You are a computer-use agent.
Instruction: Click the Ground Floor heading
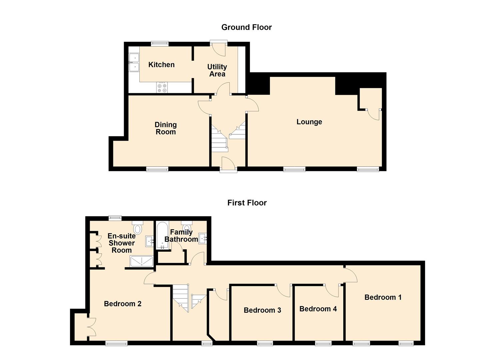coord(246,27)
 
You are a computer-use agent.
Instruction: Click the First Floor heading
coord(247,203)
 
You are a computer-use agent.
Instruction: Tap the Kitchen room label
coord(161,65)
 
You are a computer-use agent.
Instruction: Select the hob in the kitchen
coord(162,88)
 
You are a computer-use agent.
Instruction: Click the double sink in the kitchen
coord(134,63)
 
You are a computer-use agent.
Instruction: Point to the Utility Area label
coord(217,70)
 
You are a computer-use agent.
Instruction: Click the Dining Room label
coord(166,128)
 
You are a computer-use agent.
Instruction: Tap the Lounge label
coord(309,122)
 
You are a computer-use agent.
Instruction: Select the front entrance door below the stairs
coord(228,164)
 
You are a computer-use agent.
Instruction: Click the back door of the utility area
coord(219,49)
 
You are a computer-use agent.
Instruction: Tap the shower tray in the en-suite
coord(141,261)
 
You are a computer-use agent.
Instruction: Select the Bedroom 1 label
coord(383,297)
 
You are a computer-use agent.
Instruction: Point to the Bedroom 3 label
coord(262,310)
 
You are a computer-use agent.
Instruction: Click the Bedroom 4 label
coord(318,309)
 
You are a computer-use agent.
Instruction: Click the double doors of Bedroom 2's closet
coord(91,327)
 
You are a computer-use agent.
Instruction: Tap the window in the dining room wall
coord(157,170)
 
